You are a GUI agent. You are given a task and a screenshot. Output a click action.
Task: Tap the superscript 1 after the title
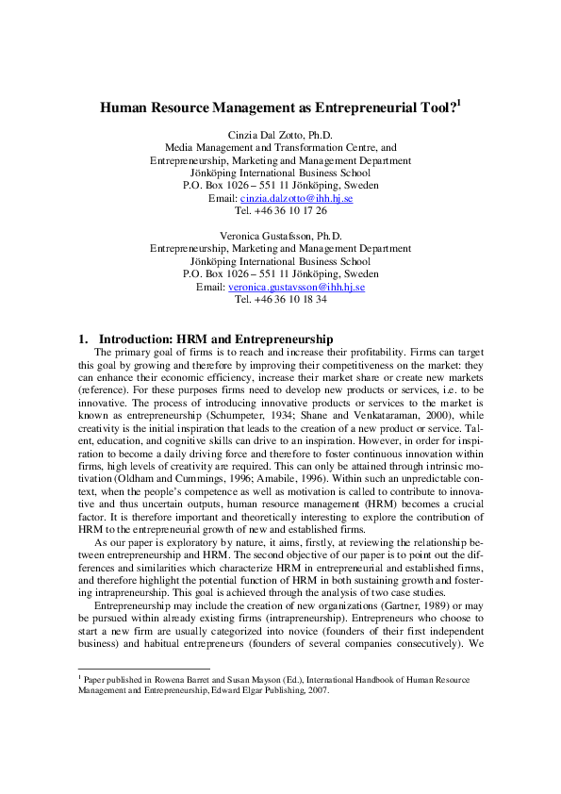(458, 103)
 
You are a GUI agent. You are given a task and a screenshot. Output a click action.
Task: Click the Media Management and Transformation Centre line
(280, 148)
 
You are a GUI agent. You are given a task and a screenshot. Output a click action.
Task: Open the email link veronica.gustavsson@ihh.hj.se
(296, 286)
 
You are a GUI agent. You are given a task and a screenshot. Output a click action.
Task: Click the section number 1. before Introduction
(83, 338)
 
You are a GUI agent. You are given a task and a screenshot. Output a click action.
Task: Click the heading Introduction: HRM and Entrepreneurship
(216, 338)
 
